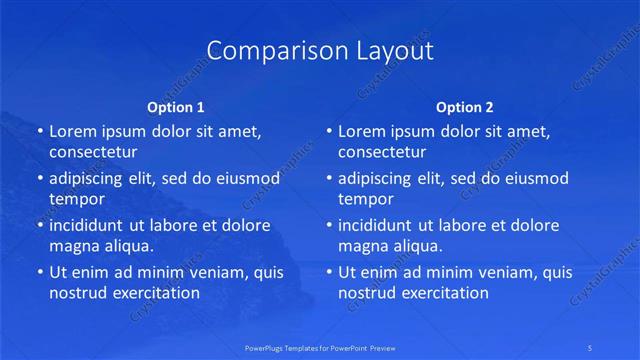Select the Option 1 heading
point(175,106)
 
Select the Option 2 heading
point(464,106)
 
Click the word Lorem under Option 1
point(72,131)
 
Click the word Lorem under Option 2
point(361,131)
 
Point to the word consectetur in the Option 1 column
point(93,152)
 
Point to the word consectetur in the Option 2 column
point(382,152)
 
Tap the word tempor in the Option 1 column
point(77,199)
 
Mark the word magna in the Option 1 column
point(73,246)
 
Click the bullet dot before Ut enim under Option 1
point(39,272)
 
